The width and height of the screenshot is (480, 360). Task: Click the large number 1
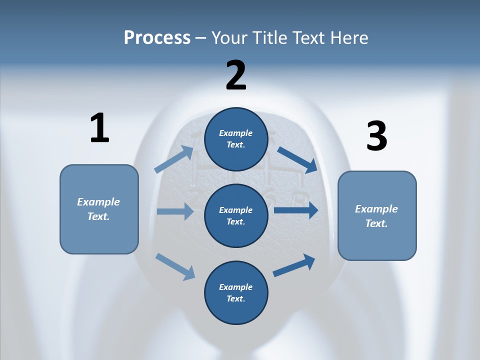tap(99, 128)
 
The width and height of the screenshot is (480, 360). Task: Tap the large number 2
tap(236, 75)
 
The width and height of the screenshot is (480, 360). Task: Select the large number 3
tap(376, 136)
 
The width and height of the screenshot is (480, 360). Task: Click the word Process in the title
tap(157, 37)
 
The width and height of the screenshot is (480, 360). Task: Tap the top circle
tap(236, 139)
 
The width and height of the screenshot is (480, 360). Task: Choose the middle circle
tap(236, 216)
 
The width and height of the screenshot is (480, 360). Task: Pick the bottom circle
tap(236, 292)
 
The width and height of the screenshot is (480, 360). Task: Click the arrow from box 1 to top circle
tap(174, 159)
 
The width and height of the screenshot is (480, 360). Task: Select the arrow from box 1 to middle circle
tap(175, 211)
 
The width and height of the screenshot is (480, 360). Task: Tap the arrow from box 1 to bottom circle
tap(175, 266)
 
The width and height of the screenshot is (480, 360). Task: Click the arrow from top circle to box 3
tap(297, 159)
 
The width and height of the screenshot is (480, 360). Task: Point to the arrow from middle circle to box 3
tap(296, 210)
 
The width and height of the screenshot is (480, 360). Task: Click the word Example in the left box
tap(98, 202)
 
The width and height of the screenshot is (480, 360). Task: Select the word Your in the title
tap(228, 37)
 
